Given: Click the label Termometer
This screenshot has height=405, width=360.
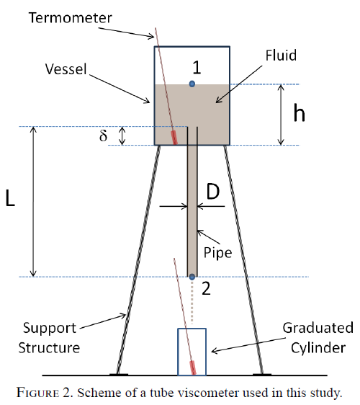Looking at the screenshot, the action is [70, 18].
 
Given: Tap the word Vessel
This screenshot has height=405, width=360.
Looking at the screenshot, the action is [66, 69].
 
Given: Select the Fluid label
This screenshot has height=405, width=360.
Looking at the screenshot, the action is [281, 55].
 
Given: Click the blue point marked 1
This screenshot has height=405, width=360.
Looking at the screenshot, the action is [192, 84].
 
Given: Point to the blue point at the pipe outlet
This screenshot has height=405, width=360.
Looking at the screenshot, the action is [192, 277].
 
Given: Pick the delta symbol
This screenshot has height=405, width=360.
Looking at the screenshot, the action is [103, 135].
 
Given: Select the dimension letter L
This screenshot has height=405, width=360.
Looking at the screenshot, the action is [10, 198].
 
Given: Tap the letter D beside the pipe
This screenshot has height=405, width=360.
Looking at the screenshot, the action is [213, 192].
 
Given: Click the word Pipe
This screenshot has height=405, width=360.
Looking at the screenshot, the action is [218, 253].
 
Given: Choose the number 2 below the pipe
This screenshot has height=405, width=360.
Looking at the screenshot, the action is [206, 288].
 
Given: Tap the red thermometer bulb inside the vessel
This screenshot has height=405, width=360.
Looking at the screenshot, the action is [174, 138].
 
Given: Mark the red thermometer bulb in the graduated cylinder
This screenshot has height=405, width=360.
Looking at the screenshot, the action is [193, 368].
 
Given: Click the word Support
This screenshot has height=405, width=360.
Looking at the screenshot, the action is [50, 329].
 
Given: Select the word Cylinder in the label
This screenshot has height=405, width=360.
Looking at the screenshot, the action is [318, 348].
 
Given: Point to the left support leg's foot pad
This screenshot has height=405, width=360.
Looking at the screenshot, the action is [119, 374].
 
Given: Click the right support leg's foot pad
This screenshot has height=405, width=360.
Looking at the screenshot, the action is [262, 374].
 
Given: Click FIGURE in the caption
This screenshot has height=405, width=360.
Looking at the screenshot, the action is [37, 393].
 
